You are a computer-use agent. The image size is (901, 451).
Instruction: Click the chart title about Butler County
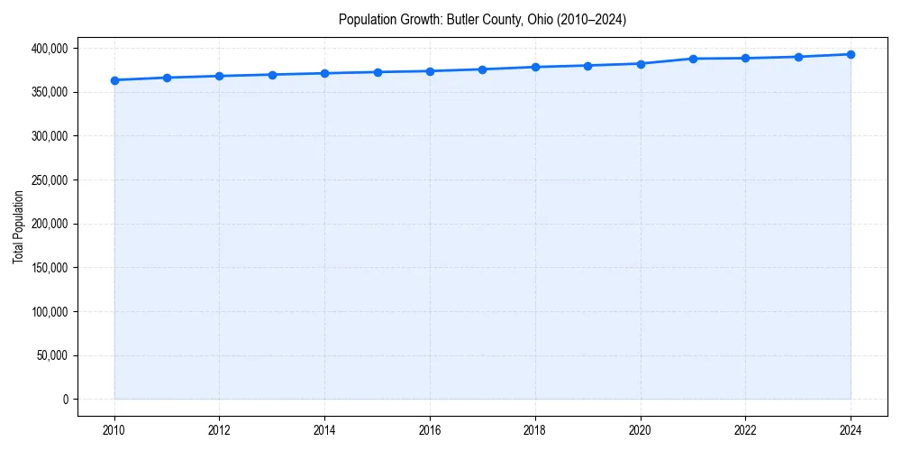482,19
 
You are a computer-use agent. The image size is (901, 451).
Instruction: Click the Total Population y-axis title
18,227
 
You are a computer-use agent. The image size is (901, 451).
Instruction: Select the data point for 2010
114,80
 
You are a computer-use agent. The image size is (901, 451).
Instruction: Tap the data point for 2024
851,54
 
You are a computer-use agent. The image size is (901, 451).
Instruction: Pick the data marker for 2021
693,59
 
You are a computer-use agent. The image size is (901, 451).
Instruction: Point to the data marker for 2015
378,72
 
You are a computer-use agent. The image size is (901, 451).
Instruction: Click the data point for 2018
535,67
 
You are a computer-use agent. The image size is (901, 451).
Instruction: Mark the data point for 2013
272,75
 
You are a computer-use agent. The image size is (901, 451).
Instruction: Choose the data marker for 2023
798,57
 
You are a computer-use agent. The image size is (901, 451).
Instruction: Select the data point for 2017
483,69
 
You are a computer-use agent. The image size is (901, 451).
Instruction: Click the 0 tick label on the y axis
65,400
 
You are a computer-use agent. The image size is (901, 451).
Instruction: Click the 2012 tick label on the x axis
219,428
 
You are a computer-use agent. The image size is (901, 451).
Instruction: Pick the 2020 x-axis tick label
641,428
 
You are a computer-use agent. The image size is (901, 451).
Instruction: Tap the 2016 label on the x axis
430,428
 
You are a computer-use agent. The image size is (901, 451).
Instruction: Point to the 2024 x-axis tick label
851,428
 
